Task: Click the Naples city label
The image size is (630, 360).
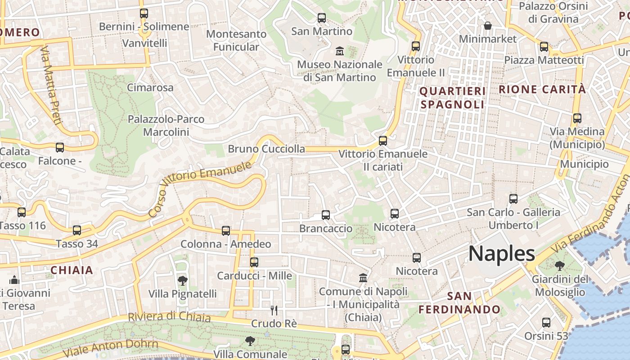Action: click(502, 254)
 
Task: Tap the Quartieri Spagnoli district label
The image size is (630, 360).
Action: click(452, 98)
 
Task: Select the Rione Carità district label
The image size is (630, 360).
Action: click(542, 89)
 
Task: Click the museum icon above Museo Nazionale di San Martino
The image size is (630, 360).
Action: click(340, 51)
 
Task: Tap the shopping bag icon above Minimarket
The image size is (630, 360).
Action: click(487, 26)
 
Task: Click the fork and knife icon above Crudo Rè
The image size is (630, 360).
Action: click(274, 310)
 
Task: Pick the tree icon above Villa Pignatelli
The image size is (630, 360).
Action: click(182, 281)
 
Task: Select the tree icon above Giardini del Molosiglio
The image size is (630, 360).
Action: click(560, 266)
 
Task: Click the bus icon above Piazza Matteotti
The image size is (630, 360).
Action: click(544, 46)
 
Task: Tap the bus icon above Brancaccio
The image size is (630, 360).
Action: click(326, 215)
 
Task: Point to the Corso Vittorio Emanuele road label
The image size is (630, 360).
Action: click(200, 189)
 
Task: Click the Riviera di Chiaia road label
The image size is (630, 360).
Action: click(169, 317)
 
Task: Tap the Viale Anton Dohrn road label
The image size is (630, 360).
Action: click(111, 349)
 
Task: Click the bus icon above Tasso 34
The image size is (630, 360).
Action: click(77, 230)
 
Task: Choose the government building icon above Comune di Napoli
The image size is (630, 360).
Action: click(363, 278)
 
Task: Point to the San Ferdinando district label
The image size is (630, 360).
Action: click(459, 303)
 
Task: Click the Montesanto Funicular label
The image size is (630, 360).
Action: click(236, 40)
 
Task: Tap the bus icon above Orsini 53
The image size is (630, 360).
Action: click(546, 323)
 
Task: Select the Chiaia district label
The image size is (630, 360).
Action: click(72, 270)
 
